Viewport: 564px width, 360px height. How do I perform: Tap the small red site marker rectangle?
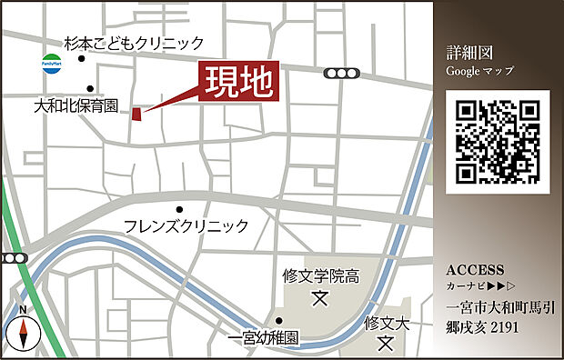tap(137, 114)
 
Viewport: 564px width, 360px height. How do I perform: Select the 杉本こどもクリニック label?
tap(134, 43)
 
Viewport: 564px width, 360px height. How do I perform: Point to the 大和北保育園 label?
tap(76, 105)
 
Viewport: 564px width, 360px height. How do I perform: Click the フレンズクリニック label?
tap(186, 225)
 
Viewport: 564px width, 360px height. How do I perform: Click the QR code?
tap(498, 141)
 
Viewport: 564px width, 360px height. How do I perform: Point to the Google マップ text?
tap(480, 70)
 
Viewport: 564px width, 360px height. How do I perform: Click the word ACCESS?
tap(475, 270)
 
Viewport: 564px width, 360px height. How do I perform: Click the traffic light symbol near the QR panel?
tap(342, 74)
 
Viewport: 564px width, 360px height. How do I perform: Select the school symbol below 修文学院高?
tap(320, 296)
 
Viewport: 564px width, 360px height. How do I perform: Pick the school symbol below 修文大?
tap(386, 345)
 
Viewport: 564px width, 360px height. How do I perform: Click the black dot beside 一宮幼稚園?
tap(279, 321)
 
